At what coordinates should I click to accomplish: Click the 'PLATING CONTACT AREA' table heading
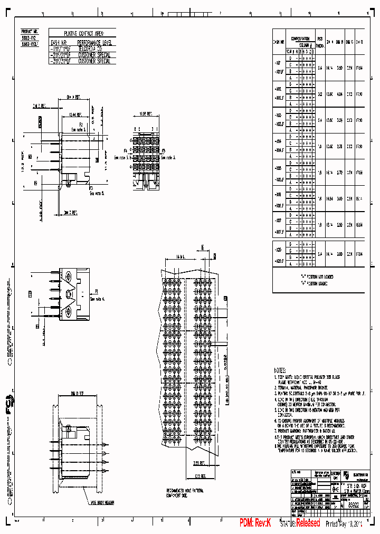(82, 33)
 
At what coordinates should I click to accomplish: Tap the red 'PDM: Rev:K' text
(255, 523)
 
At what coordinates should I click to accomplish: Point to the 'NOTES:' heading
(280, 370)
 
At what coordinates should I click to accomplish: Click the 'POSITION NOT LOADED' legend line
(318, 276)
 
